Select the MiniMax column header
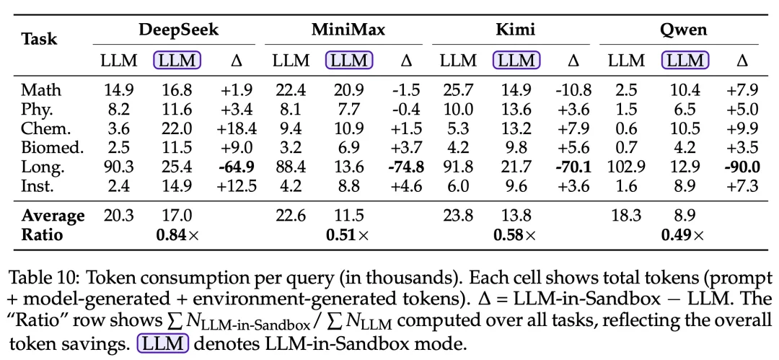[348, 30]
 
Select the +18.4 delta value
[237, 129]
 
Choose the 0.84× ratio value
[177, 235]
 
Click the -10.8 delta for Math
[573, 90]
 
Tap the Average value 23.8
[458, 216]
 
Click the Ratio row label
[42, 235]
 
